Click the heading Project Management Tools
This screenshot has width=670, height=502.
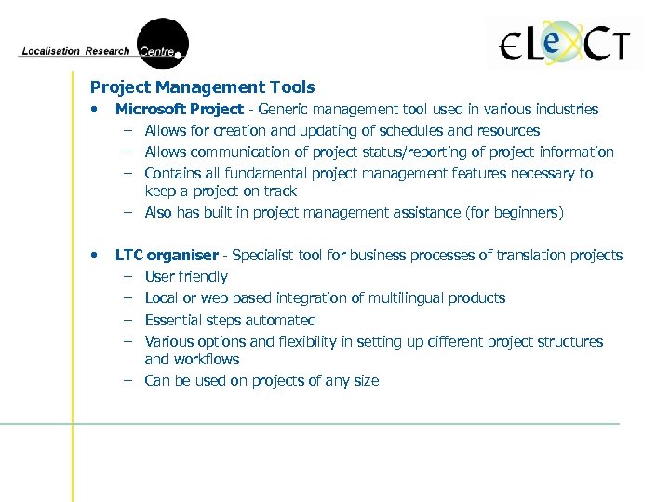click(x=202, y=87)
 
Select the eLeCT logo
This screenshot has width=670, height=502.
click(x=564, y=43)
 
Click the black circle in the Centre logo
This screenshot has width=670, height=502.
click(x=163, y=43)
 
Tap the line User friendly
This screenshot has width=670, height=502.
click(x=186, y=277)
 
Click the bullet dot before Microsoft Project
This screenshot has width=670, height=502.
click(x=94, y=110)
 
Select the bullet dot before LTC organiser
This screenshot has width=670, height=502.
click(x=94, y=256)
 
